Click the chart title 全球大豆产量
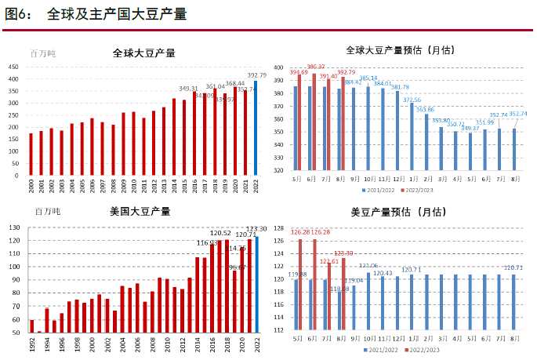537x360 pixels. coord(143,53)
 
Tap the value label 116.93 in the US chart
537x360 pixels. coord(207,243)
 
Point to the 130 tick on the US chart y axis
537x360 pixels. coord(14,227)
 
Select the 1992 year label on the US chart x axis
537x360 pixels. coord(31,344)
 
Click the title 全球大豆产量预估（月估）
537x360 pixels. coord(401,50)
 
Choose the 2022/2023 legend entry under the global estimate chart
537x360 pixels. coord(422,191)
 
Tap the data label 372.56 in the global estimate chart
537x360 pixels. coord(412,100)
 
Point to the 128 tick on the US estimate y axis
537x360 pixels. coord(278,227)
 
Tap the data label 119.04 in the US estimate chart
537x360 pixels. coord(354,280)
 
